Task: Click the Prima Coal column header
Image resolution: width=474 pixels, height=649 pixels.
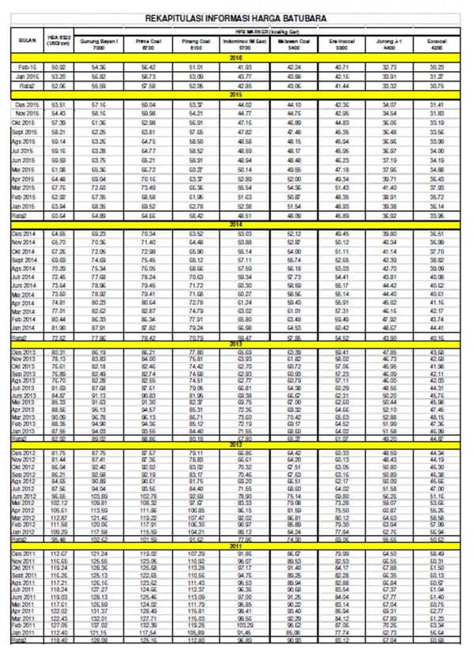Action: [149, 44]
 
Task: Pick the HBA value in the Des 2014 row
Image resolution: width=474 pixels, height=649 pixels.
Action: [58, 235]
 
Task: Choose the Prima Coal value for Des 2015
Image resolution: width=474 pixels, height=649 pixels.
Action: [149, 104]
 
